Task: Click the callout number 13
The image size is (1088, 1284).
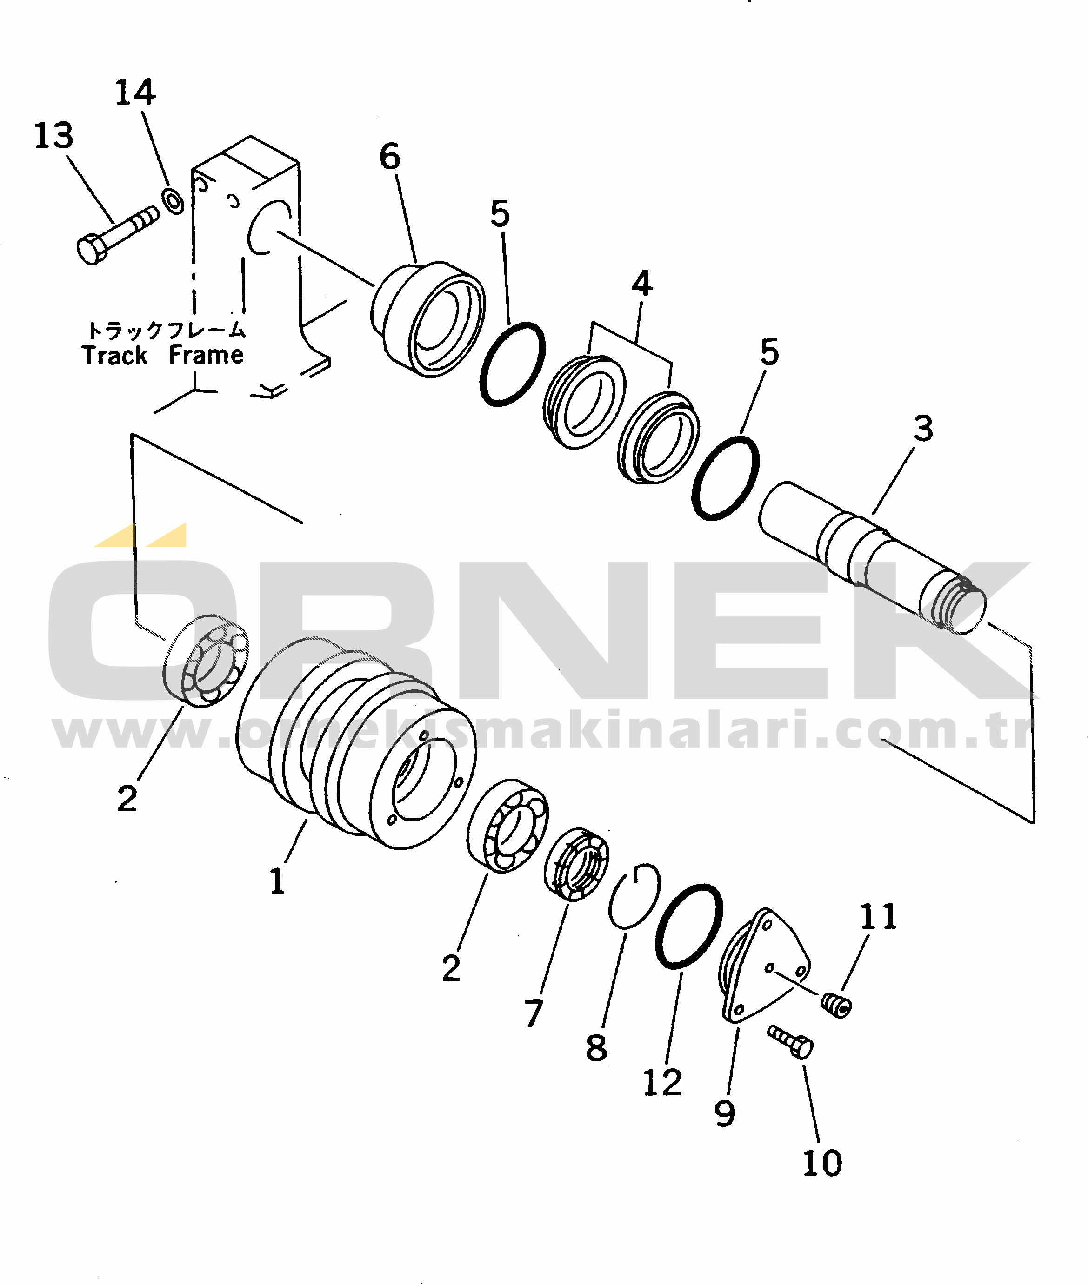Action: point(53,136)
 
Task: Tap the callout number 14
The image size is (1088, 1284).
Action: point(135,93)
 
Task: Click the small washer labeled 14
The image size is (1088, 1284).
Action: point(172,200)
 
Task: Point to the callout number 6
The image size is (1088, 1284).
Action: point(390,157)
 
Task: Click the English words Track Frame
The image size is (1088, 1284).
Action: point(163,356)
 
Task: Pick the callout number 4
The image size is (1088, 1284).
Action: point(641,284)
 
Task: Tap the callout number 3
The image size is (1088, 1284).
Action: point(923,429)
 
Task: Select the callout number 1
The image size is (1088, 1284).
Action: point(277,881)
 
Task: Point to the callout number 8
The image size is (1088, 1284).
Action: point(596,1048)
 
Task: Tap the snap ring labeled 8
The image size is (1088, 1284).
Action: point(634,897)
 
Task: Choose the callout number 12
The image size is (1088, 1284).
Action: point(662,1083)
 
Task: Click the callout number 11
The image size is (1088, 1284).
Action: point(878,917)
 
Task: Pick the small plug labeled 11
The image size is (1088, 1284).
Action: point(836,1006)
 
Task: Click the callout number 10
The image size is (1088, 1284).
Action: point(822,1163)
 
